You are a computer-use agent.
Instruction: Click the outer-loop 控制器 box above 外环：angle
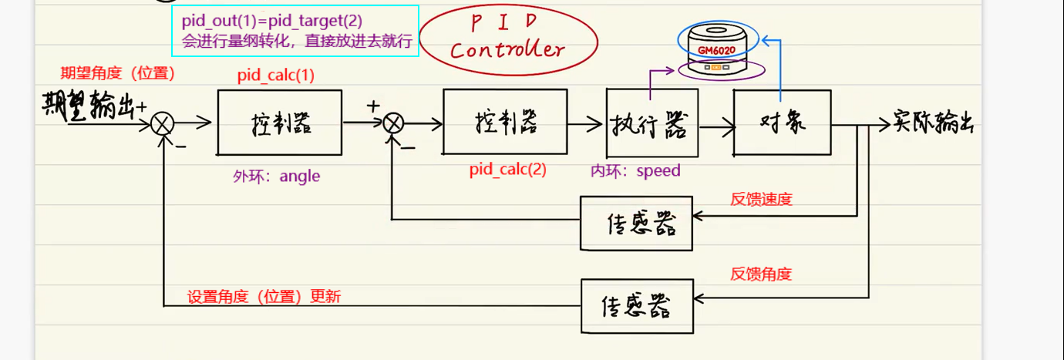click(279, 123)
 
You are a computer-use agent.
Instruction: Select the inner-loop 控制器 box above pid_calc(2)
click(505, 122)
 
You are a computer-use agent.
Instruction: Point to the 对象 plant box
click(781, 123)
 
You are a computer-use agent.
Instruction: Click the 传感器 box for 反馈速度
click(636, 223)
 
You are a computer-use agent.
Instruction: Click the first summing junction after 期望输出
click(163, 123)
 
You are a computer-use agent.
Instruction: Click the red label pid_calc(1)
click(276, 76)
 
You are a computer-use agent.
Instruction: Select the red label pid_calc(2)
click(507, 170)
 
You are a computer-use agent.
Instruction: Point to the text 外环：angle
click(276, 177)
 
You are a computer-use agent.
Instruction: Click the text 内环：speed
click(635, 170)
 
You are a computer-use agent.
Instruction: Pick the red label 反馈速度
click(761, 199)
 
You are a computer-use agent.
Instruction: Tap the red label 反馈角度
click(761, 274)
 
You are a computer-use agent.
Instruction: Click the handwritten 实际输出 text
click(933, 123)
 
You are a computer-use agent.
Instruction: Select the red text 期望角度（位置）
click(118, 73)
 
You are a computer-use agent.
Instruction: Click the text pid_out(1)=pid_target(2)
click(272, 21)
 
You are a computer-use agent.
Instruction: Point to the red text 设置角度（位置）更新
click(264, 297)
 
